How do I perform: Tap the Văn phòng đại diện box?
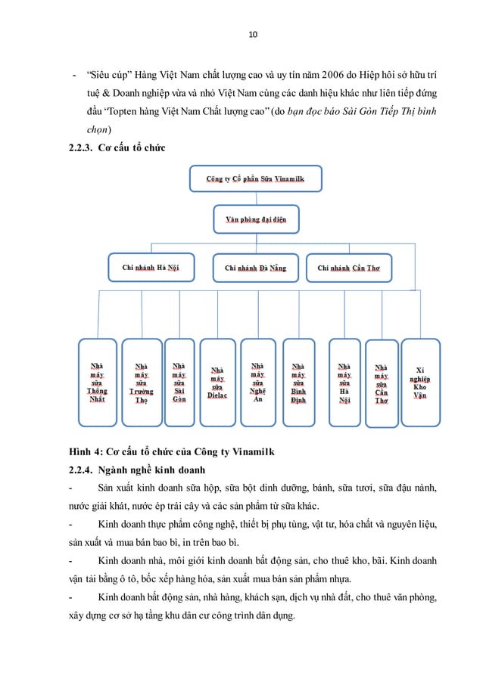255,220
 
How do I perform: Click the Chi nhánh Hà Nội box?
151,267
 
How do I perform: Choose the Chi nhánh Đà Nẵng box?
255,267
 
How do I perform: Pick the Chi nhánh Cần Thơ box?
349,267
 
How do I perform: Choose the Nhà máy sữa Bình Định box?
299,382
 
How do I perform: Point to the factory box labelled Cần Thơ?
382,384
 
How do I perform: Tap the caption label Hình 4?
86,453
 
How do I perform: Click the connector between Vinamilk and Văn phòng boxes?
255,200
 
